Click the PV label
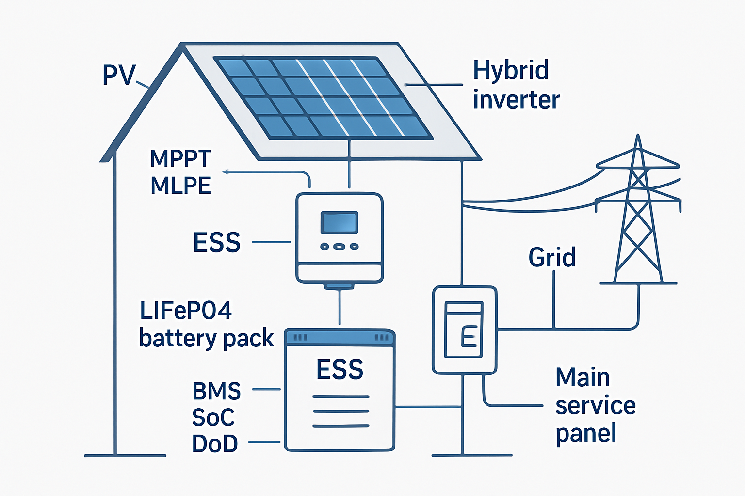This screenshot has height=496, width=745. click(118, 76)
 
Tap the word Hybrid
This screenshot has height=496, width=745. click(511, 71)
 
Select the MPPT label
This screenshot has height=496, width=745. click(180, 158)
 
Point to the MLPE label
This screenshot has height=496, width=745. click(180, 186)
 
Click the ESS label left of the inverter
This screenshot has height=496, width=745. click(217, 242)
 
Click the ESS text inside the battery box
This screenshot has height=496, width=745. click(340, 370)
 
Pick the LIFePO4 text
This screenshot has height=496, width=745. click(186, 310)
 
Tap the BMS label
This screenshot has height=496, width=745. click(216, 391)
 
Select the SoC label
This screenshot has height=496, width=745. click(213, 418)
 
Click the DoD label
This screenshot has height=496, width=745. click(215, 444)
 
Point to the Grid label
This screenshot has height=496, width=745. click(552, 257)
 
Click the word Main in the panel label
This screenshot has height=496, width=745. click(583, 377)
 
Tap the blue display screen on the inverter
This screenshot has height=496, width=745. click(339, 223)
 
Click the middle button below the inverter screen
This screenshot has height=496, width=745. click(340, 247)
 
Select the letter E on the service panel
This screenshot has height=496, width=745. click(469, 336)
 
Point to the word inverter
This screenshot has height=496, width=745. click(516, 100)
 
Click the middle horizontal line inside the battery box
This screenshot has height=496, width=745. click(340, 411)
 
